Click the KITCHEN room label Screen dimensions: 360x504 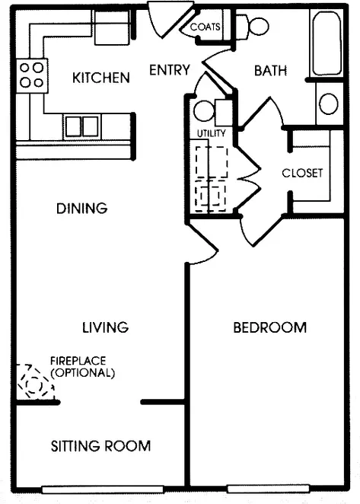pyautogui.click(x=101, y=78)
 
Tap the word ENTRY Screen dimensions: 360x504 pyautogui.click(x=170, y=70)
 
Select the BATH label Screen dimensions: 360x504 pyautogui.click(x=270, y=71)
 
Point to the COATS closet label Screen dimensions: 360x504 pyautogui.click(x=205, y=27)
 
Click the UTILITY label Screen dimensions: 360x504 pyautogui.click(x=211, y=133)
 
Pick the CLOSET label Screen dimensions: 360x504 pyautogui.click(x=302, y=173)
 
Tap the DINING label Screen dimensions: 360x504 pyautogui.click(x=82, y=209)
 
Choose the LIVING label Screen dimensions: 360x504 pyautogui.click(x=106, y=327)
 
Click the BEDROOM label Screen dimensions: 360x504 pyautogui.click(x=270, y=327)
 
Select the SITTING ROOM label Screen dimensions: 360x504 pyautogui.click(x=100, y=446)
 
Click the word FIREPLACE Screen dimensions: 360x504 pyautogui.click(x=78, y=361)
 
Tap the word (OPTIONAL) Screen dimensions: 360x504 pyautogui.click(x=83, y=373)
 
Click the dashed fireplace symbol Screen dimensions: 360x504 pyautogui.click(x=35, y=382)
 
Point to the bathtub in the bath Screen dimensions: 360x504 pyautogui.click(x=327, y=43)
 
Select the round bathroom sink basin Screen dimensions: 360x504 pyautogui.click(x=329, y=104)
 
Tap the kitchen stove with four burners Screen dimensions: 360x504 pyautogui.click(x=32, y=76)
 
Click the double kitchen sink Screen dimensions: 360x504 pyautogui.click(x=82, y=126)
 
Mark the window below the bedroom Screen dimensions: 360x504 pyautogui.click(x=269, y=489)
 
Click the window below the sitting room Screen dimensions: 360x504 pyautogui.click(x=103, y=490)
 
